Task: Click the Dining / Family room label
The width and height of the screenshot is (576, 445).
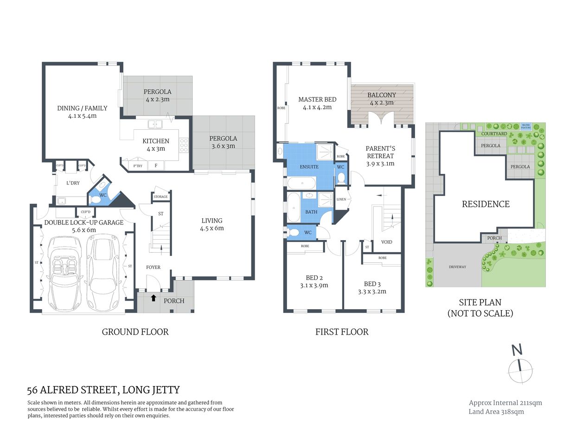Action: click(82, 112)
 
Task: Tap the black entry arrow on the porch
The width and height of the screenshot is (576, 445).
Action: click(154, 298)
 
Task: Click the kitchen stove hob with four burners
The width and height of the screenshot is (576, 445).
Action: click(184, 145)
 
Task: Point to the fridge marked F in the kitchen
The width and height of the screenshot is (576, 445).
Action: click(156, 165)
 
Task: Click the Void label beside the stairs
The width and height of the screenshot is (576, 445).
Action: click(386, 242)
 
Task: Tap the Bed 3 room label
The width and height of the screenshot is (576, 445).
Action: click(372, 287)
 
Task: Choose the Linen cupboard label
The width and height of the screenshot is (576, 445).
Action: click(341, 199)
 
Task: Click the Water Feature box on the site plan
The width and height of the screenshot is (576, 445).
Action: click(525, 126)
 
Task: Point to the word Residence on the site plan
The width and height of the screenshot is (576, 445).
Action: click(486, 204)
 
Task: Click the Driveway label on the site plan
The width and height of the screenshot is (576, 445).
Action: click(457, 267)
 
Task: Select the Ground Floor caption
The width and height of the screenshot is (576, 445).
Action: click(135, 332)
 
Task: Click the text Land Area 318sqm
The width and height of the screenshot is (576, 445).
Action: click(496, 412)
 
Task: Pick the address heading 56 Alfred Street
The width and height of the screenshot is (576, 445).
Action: click(103, 390)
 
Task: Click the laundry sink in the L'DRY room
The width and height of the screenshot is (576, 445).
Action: click(61, 201)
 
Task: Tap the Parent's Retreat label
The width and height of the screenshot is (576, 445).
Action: click(380, 156)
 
